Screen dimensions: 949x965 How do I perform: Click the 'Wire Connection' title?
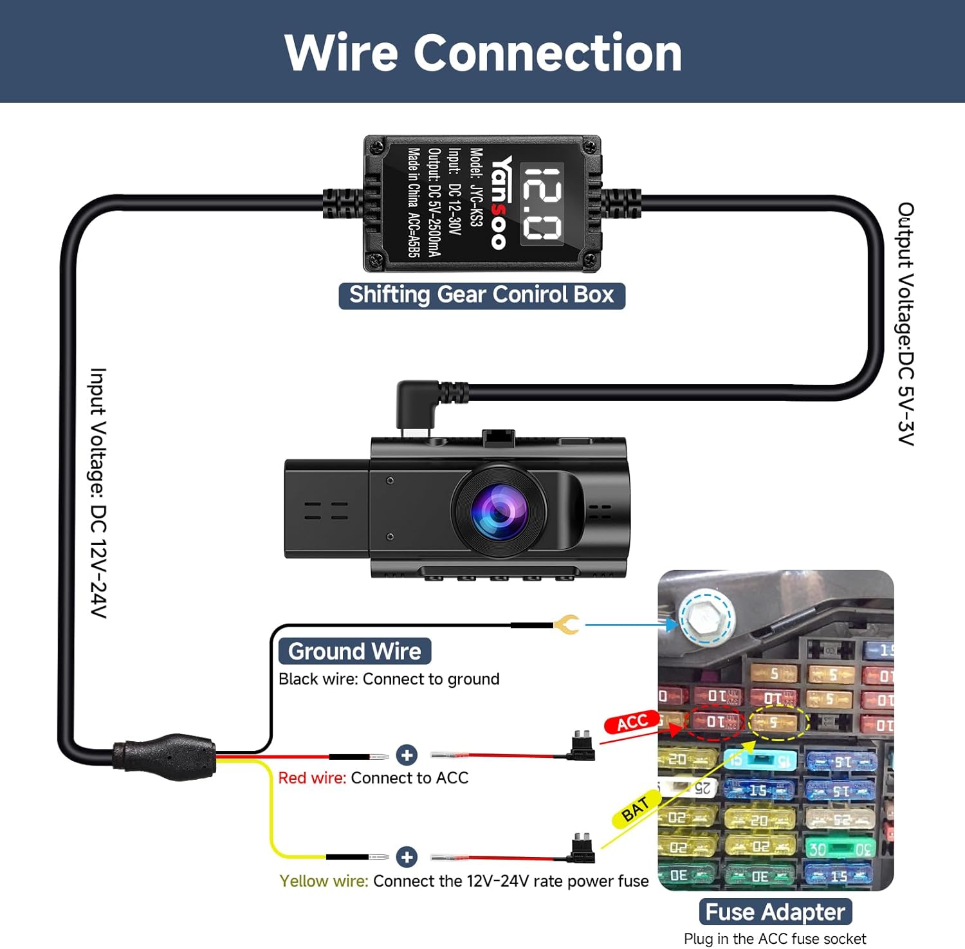pos(482,53)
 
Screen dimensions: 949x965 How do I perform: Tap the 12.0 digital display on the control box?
pos(542,203)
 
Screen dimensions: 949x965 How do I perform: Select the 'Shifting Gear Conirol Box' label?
pos(482,295)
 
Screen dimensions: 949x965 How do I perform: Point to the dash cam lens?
pos(499,511)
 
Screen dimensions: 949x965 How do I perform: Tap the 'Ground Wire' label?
pos(354,651)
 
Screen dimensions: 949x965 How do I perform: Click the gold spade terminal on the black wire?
pos(567,624)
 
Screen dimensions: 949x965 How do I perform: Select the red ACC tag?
pos(632,723)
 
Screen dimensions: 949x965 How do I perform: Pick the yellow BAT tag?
pos(635,809)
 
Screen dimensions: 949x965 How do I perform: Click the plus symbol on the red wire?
pos(407,755)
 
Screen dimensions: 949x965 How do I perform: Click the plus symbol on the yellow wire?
pos(407,857)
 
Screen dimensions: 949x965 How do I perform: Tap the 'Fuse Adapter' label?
pos(775,912)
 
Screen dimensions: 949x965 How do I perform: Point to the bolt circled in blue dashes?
pos(706,618)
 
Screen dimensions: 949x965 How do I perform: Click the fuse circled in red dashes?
pos(714,723)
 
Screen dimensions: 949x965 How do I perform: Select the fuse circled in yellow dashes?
pos(778,722)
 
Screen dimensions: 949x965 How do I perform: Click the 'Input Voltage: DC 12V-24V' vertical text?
pos(98,493)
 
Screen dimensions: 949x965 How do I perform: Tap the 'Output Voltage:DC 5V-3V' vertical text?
pos(906,324)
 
